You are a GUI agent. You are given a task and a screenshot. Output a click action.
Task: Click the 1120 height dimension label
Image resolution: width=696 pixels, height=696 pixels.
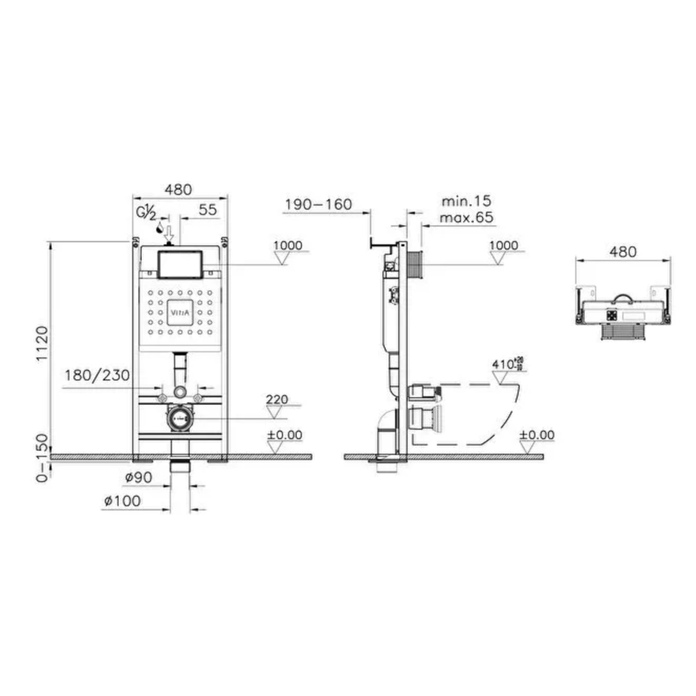tap(42, 343)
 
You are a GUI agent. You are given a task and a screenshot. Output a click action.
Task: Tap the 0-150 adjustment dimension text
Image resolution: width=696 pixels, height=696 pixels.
tap(42, 458)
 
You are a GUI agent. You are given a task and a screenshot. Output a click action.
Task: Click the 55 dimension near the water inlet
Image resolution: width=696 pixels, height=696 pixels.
tap(208, 210)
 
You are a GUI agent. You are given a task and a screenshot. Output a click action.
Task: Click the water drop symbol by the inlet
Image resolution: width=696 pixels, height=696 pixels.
tap(160, 228)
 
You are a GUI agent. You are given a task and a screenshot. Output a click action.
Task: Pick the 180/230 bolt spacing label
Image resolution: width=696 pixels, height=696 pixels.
tap(97, 376)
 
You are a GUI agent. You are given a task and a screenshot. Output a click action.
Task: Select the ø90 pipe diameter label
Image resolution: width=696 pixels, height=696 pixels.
tap(138, 478)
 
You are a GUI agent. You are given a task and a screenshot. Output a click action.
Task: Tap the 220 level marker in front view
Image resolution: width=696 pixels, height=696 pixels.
tap(277, 400)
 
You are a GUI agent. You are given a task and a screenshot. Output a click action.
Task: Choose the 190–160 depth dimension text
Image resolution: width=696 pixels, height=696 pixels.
tap(318, 205)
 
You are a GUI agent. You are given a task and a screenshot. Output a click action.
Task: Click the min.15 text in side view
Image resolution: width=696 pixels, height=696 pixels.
tap(467, 201)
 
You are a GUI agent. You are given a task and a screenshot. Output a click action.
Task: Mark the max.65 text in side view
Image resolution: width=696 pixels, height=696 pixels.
tap(467, 217)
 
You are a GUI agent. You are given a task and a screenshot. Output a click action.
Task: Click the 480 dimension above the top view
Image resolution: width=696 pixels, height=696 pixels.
tap(623, 252)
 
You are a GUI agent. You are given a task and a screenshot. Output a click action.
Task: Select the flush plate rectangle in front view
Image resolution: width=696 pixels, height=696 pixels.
tap(180, 265)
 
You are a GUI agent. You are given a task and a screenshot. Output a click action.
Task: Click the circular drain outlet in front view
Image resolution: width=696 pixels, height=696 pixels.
tap(179, 418)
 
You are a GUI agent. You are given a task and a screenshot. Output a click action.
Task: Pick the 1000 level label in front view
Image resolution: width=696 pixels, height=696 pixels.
tap(288, 245)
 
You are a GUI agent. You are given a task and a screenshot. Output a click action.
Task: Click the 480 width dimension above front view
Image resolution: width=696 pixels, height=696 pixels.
tap(178, 190)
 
